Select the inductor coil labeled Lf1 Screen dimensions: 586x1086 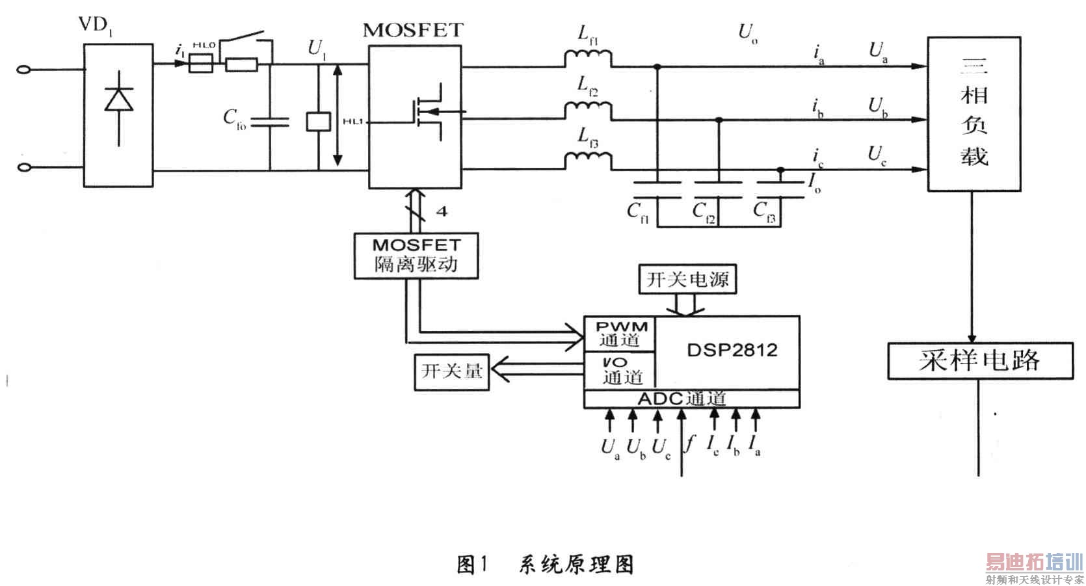[x=587, y=60]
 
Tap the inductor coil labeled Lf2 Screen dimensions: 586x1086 [x=587, y=111]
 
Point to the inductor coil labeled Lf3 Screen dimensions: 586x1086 [x=587, y=160]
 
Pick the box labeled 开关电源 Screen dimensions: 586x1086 [x=688, y=280]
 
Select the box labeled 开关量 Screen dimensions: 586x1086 [x=452, y=371]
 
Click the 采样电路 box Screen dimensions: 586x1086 [x=980, y=360]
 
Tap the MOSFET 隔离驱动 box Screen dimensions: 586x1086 [x=416, y=256]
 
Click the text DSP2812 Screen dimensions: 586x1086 [x=732, y=350]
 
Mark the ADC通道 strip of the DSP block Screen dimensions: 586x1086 [x=692, y=399]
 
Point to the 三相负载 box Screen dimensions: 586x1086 [x=973, y=114]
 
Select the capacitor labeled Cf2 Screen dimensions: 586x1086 [x=719, y=189]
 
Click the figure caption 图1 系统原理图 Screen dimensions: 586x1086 [x=545, y=564]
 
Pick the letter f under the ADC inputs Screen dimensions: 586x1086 [x=691, y=443]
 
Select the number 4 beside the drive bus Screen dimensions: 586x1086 [x=442, y=211]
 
